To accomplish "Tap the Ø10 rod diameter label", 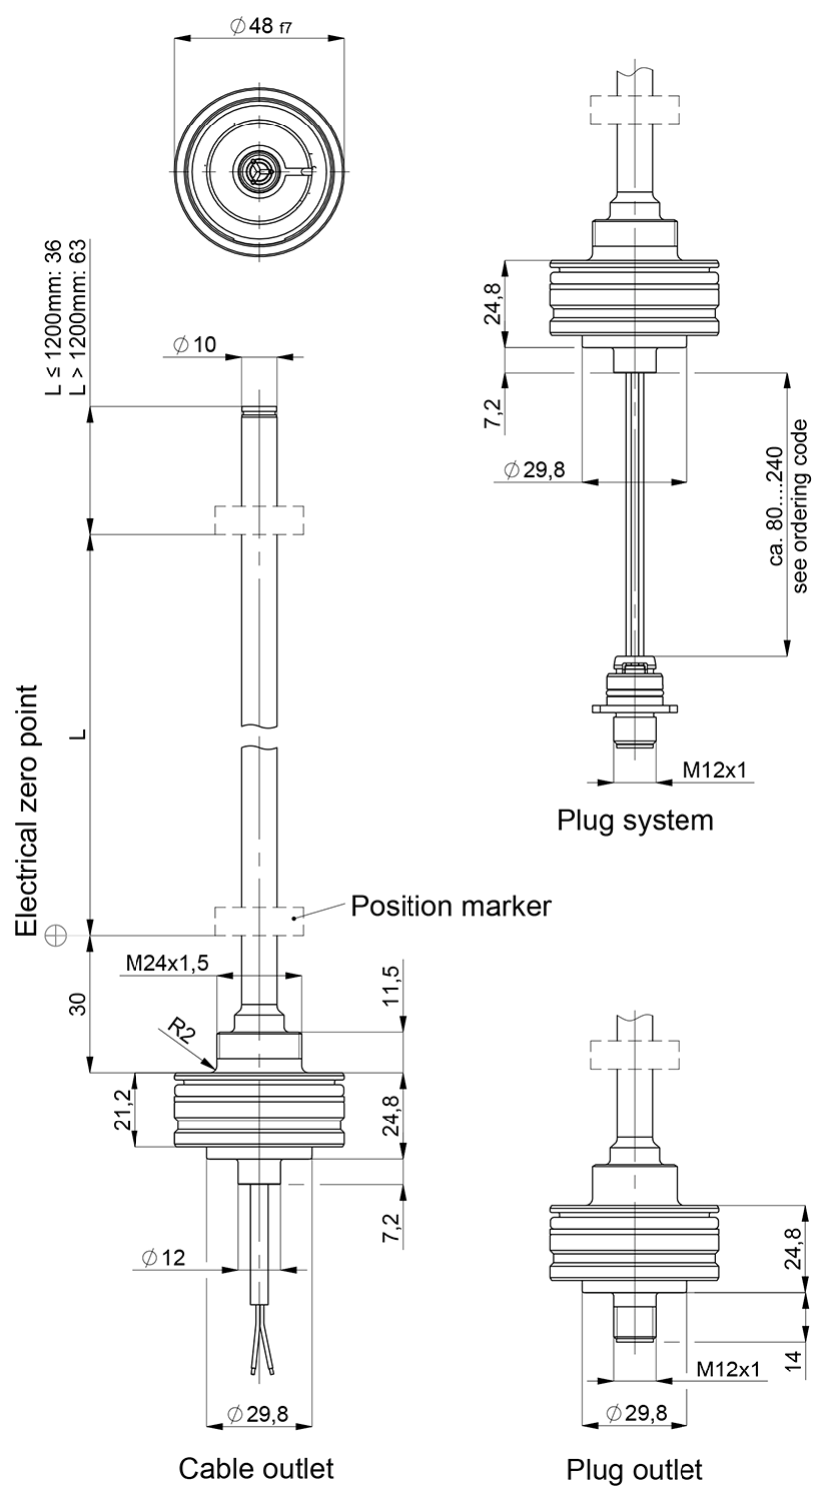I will (193, 344).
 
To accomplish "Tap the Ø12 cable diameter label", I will (164, 1258).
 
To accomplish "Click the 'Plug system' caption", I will (636, 821).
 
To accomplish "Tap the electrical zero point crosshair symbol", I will (55, 935).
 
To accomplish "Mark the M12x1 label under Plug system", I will (714, 770).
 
